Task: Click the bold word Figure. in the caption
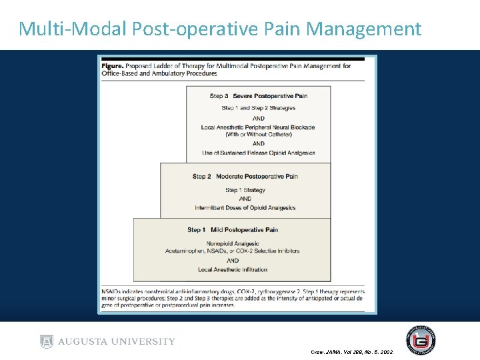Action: click(x=113, y=66)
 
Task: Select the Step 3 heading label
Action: click(x=219, y=96)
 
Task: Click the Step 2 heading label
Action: click(x=202, y=176)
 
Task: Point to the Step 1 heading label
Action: click(x=197, y=230)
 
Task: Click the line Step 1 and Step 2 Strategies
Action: click(x=258, y=108)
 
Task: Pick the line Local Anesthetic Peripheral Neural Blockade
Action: click(x=258, y=127)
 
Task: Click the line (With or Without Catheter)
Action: click(x=258, y=135)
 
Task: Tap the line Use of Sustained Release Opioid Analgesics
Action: click(x=258, y=153)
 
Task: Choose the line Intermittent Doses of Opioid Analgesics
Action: click(x=245, y=207)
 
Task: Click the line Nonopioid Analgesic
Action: click(x=232, y=243)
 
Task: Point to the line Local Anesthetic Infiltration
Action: click(x=232, y=269)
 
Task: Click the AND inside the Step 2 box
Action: click(x=245, y=199)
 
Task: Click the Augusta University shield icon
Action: click(x=46, y=342)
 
